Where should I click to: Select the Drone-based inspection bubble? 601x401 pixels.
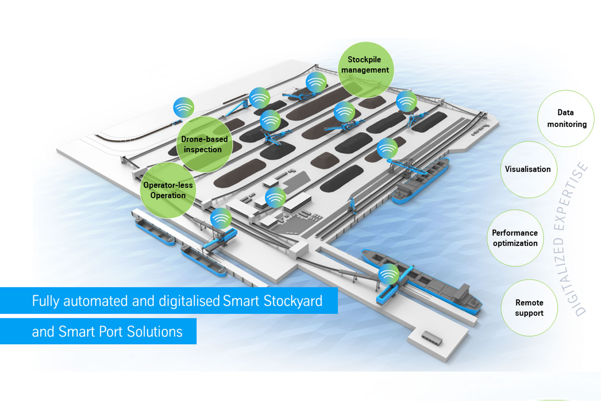pyautogui.click(x=204, y=144)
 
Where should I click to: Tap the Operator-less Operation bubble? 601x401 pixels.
pyautogui.click(x=168, y=190)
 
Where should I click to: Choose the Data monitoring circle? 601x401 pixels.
pyautogui.click(x=566, y=118)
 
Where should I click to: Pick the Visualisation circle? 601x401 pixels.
pyautogui.click(x=528, y=169)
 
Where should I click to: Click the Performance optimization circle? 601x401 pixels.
pyautogui.click(x=515, y=238)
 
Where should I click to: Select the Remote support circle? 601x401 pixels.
pyautogui.click(x=529, y=307)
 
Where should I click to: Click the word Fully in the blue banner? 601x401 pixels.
pyautogui.click(x=45, y=301)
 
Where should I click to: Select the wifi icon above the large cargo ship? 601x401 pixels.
pyautogui.click(x=389, y=274)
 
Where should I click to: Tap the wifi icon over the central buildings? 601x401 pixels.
pyautogui.click(x=275, y=197)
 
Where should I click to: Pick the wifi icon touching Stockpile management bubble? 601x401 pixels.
pyautogui.click(x=316, y=82)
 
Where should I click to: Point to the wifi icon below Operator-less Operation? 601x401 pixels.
pyautogui.click(x=221, y=218)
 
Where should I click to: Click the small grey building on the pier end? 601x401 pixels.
pyautogui.click(x=432, y=338)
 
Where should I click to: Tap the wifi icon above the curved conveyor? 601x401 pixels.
pyautogui.click(x=184, y=107)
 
